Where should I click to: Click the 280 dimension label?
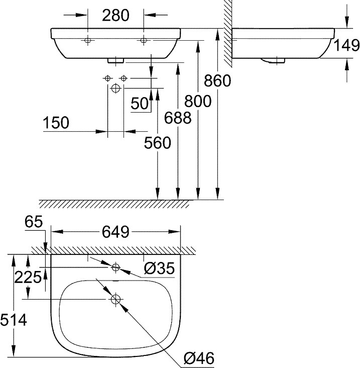pos(116,15)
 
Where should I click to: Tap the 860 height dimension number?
pos(217,80)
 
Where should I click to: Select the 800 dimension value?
pos(198,101)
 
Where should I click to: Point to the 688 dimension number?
pos(178,118)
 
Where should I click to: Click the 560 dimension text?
pos(158,143)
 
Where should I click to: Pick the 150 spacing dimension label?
pos(56,123)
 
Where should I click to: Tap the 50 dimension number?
pos(140,103)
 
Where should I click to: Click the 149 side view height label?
pos(346,45)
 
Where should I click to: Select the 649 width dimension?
pos(115,232)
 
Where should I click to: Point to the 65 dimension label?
pos(34,221)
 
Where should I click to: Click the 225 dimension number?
pos(28,277)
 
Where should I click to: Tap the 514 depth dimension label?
pos(14,320)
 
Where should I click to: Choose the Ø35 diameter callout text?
pos(159,268)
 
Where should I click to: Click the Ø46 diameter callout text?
pos(199,358)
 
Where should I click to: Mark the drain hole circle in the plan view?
pos(115,299)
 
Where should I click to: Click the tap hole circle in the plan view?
pos(115,267)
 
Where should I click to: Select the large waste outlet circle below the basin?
pos(115,88)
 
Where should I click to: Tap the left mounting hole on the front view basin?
pos(88,41)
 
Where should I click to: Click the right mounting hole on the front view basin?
pos(144,41)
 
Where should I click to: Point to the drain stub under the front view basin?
pos(115,60)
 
